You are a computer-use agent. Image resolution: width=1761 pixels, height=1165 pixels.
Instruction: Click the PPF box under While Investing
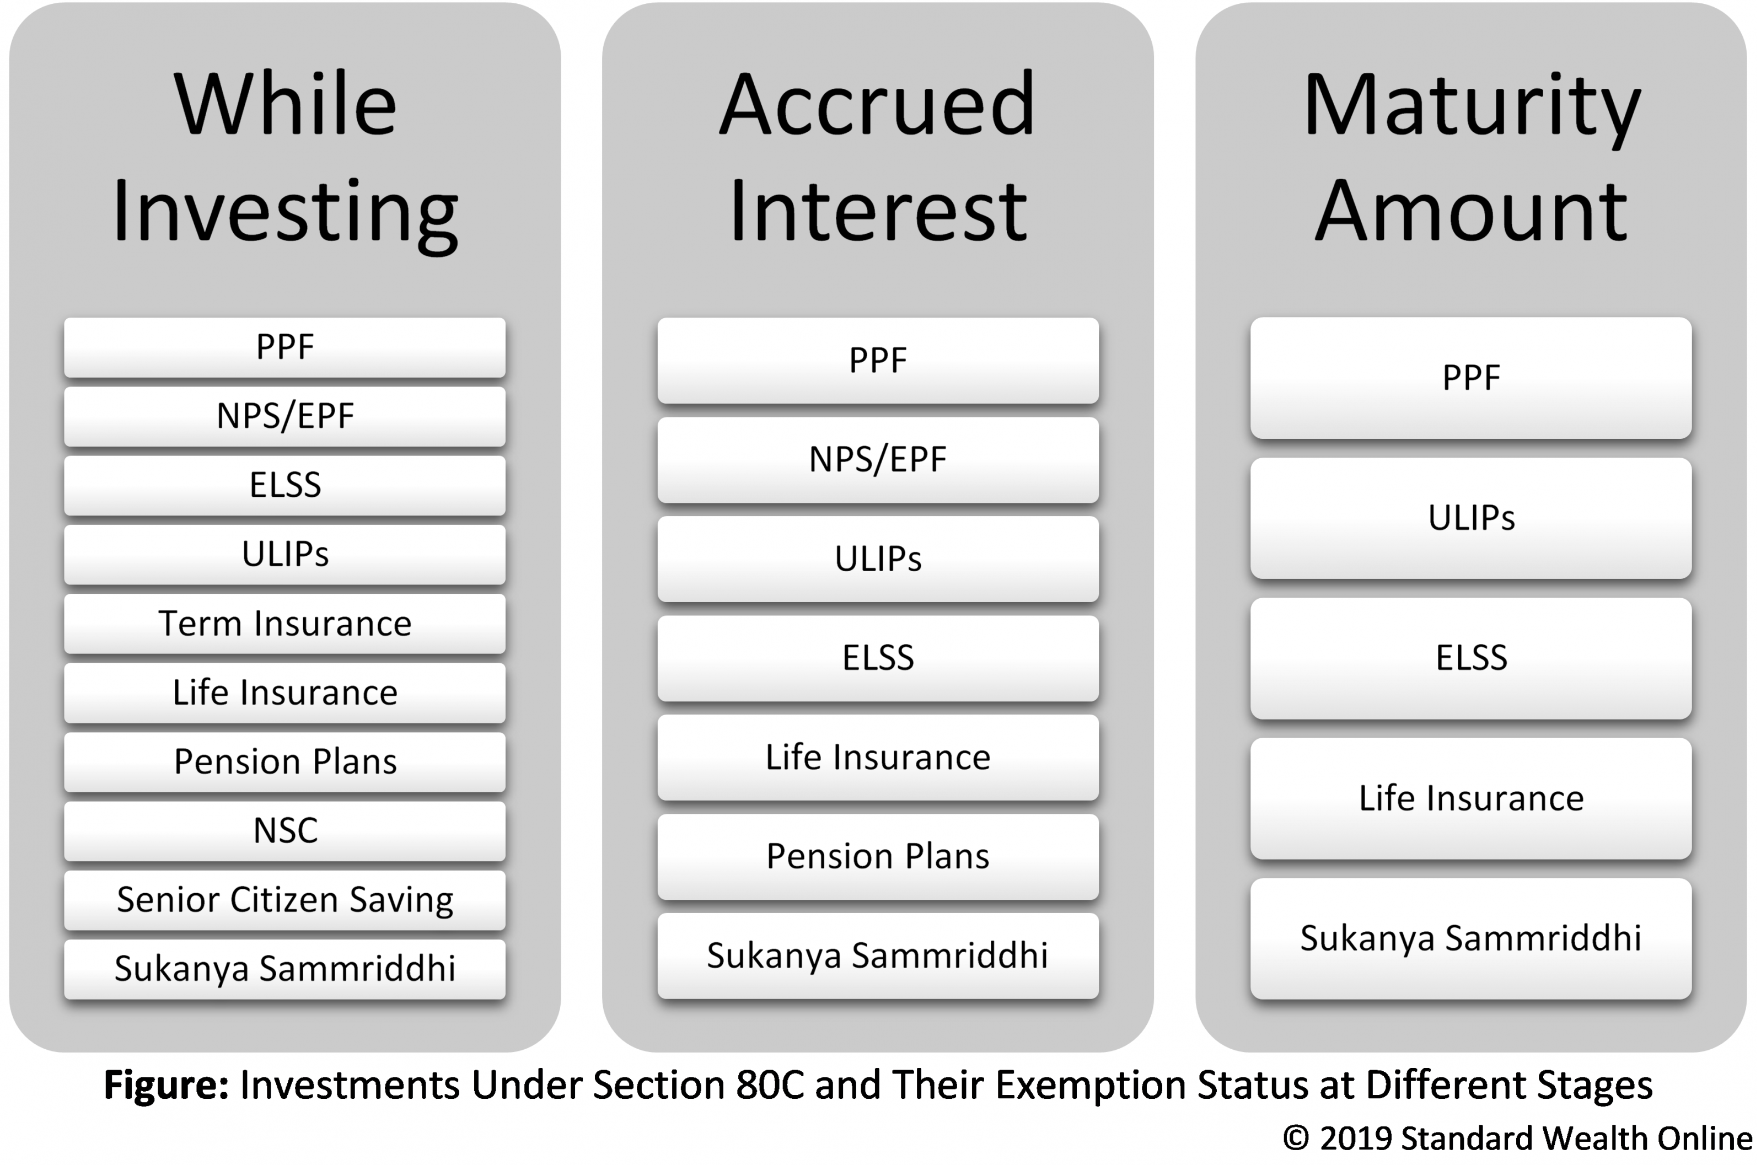(x=284, y=347)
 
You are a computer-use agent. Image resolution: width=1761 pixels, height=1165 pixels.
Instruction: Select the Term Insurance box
(x=284, y=624)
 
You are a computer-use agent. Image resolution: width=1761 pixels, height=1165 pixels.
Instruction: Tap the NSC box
(x=284, y=831)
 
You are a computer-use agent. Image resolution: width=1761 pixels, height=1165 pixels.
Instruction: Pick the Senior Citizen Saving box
(x=284, y=900)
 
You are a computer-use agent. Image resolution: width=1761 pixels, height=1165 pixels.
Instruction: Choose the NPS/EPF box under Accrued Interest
(x=878, y=460)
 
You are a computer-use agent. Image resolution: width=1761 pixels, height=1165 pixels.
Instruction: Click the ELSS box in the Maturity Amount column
(x=1470, y=658)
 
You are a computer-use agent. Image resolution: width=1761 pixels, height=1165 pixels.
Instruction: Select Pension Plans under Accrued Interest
(x=878, y=857)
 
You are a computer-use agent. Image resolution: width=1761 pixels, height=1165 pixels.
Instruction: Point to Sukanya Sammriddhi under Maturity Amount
(x=1470, y=938)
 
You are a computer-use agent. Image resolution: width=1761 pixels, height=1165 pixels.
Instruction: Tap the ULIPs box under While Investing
(x=284, y=554)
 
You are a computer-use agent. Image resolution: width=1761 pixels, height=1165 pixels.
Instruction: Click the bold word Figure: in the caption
(x=167, y=1086)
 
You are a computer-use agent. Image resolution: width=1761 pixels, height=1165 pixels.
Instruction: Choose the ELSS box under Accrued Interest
(x=878, y=658)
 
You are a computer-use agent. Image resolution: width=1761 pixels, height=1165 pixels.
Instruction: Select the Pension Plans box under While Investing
(x=284, y=761)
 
